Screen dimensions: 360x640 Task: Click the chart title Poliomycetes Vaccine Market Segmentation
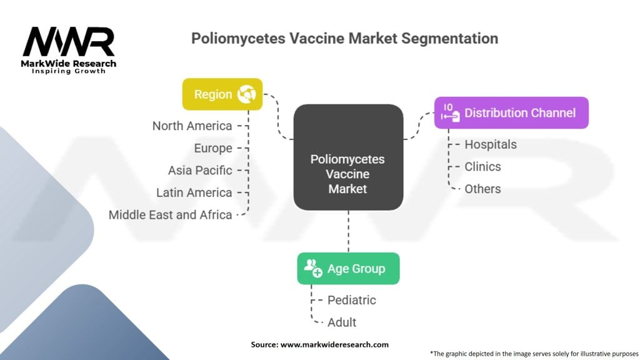[x=344, y=39]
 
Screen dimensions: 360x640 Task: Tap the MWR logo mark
[x=69, y=42]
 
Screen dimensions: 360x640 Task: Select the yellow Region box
[x=222, y=94]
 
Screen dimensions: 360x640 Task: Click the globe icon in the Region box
[x=247, y=94]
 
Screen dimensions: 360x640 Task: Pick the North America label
[x=192, y=126]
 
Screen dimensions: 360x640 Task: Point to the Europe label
[x=212, y=148]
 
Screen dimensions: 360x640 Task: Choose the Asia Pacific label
[x=200, y=170]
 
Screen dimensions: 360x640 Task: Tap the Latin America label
[x=194, y=192]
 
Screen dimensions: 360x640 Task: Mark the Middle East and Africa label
[x=170, y=214]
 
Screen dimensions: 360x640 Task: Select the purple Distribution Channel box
[x=511, y=113]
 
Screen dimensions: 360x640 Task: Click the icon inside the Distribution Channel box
[x=449, y=112]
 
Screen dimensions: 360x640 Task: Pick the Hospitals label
[x=491, y=144]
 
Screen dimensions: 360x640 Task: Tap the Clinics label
[x=482, y=166]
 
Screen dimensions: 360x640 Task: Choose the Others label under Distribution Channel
[x=482, y=189]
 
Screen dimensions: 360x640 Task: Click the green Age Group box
[x=348, y=269]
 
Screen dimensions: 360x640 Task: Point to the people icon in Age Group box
[x=312, y=269]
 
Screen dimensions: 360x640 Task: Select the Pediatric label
[x=352, y=300]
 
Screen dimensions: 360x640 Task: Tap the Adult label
[x=342, y=322]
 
